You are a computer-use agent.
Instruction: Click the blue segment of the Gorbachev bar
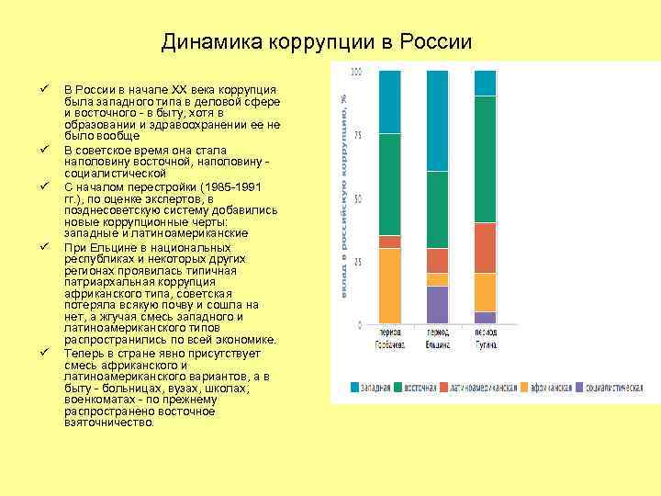point(389,101)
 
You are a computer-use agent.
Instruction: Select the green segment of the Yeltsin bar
point(437,209)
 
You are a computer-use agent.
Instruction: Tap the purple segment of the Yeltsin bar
point(437,304)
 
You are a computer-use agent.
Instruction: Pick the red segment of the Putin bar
point(485,248)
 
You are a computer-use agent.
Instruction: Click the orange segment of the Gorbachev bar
point(389,286)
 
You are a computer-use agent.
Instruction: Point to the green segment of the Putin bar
point(485,159)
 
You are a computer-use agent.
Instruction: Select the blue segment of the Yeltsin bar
point(437,120)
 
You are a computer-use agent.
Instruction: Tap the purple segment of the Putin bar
point(485,317)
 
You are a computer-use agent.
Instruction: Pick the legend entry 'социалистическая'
point(610,389)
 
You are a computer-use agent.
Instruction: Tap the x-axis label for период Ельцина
point(437,338)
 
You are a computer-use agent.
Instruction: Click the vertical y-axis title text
point(342,193)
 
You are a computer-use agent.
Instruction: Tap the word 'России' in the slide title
point(439,42)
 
